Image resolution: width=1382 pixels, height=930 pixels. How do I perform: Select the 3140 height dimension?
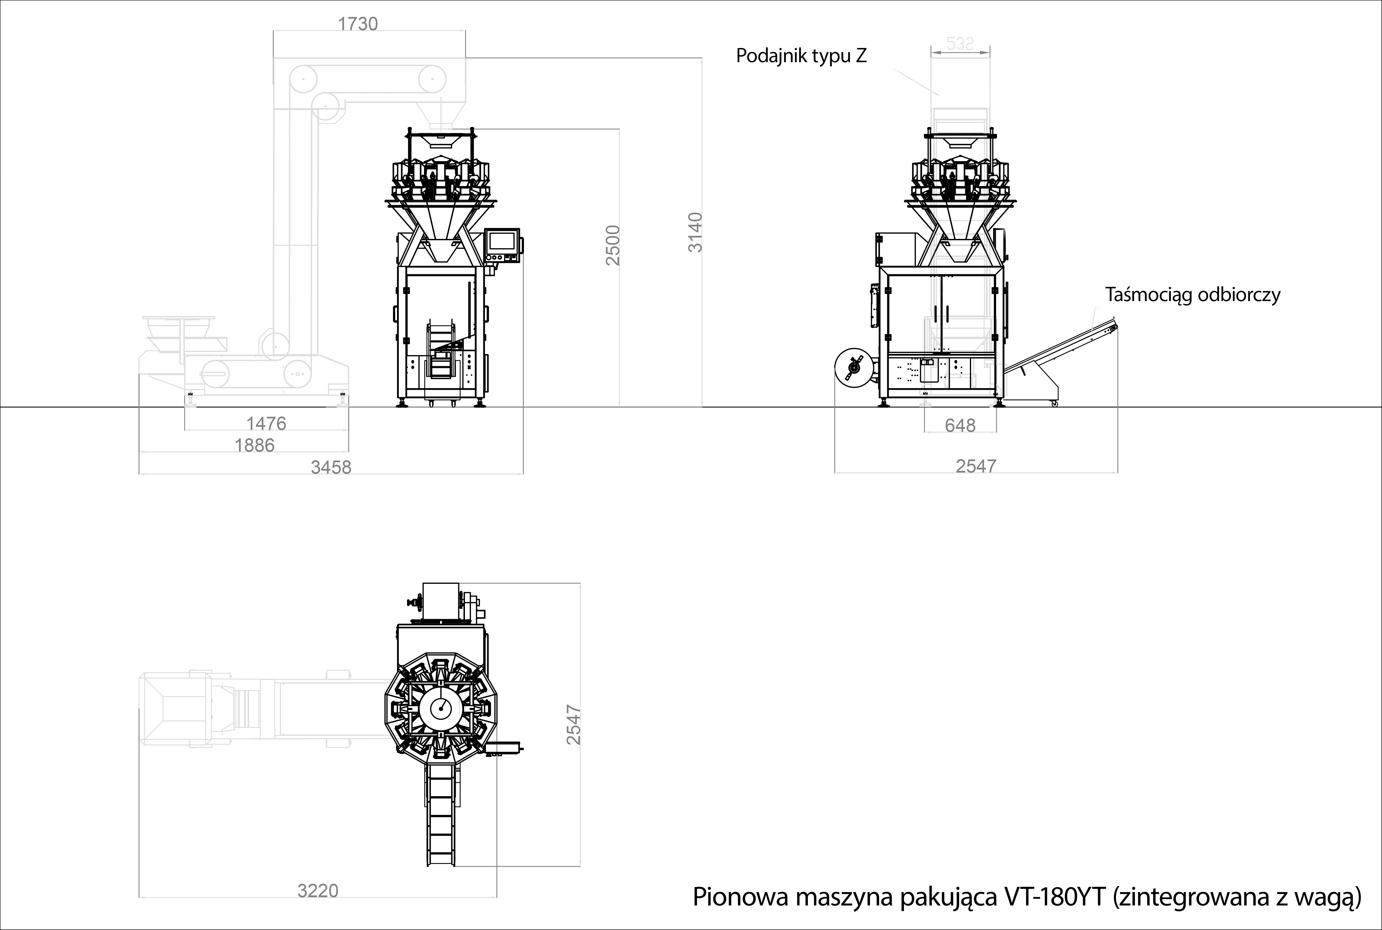coord(695,232)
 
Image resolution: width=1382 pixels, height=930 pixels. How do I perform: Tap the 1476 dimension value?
coord(266,423)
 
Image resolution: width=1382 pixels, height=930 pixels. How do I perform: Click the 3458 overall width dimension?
coord(331,468)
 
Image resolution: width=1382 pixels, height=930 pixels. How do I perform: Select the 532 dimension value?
coord(960,43)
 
